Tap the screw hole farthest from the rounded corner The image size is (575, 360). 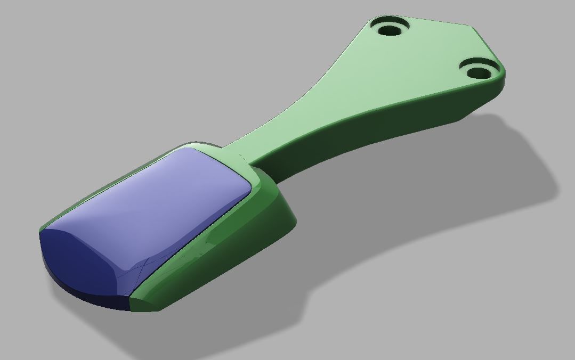click(x=392, y=28)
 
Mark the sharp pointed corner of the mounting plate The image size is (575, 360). click(x=472, y=26)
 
